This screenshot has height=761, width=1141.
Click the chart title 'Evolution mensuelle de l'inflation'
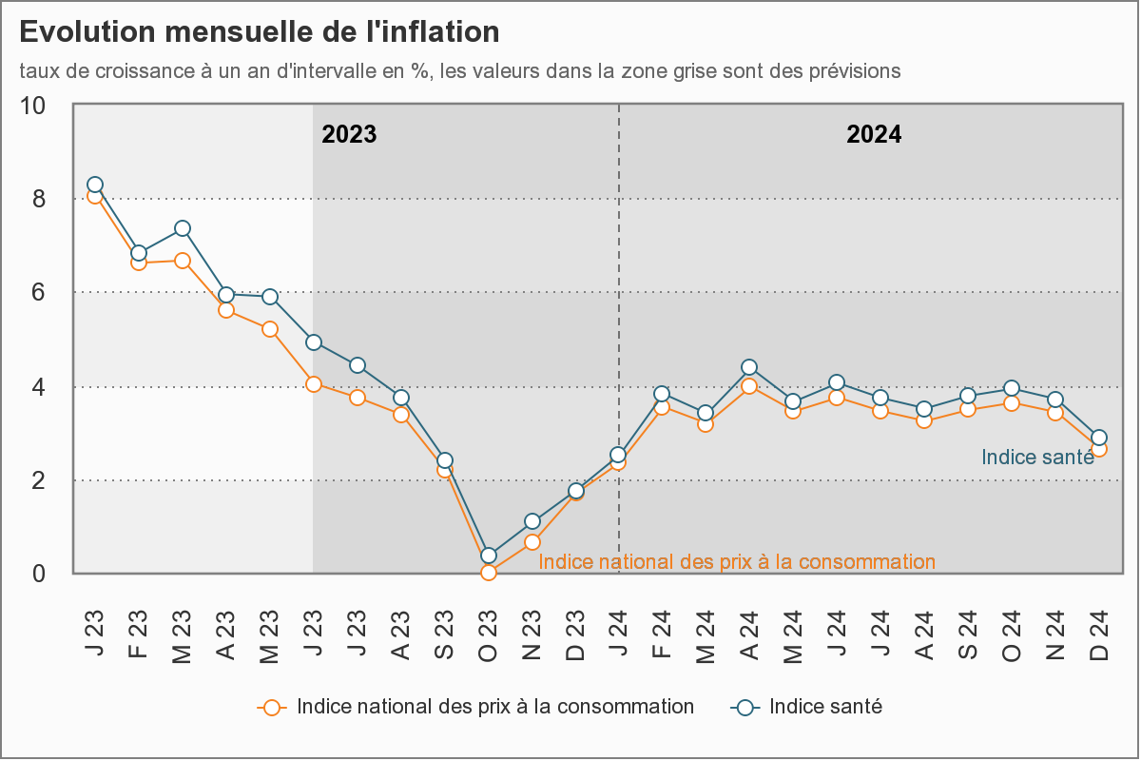[x=259, y=32]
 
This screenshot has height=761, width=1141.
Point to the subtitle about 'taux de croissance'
[x=459, y=71]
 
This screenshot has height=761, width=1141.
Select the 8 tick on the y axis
[x=40, y=199]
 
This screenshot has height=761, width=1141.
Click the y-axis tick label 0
[x=40, y=574]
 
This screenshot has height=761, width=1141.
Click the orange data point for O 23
[x=489, y=573]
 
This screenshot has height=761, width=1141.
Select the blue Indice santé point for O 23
[x=489, y=556]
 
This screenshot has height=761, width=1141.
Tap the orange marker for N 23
[x=532, y=542]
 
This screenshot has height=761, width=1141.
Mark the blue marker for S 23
[x=445, y=460]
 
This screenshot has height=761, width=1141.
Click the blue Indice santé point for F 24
[x=663, y=394]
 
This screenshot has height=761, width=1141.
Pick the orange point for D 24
[x=1099, y=449]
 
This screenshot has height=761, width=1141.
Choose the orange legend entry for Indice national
[x=475, y=707]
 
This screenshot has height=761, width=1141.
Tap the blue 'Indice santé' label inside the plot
[x=1036, y=458]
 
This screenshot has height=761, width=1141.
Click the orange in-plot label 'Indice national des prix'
[x=737, y=562]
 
